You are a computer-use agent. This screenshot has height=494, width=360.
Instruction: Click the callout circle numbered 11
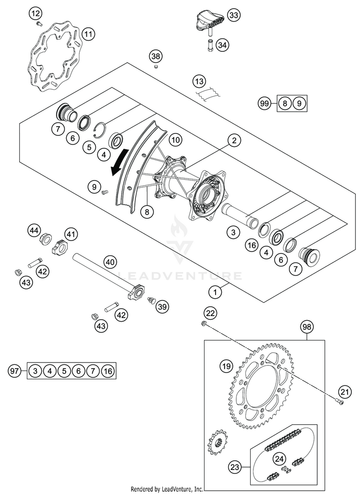89,34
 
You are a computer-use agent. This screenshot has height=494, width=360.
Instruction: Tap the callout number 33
234,15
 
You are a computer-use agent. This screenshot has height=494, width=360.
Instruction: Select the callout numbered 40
110,262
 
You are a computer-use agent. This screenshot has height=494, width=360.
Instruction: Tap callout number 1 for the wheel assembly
216,292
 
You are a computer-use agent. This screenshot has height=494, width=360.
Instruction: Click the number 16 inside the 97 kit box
108,371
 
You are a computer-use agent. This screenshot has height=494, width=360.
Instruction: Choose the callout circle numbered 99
265,103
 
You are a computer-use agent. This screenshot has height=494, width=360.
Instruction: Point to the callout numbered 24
279,459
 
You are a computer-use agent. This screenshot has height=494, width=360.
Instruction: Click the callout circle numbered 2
234,140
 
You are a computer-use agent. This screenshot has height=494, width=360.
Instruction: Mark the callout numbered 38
156,56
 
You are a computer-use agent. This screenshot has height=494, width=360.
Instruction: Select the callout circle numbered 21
345,392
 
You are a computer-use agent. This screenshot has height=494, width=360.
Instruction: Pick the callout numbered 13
199,82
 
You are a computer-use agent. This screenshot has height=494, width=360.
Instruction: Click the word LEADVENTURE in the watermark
180,276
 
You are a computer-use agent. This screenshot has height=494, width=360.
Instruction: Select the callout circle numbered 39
162,306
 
